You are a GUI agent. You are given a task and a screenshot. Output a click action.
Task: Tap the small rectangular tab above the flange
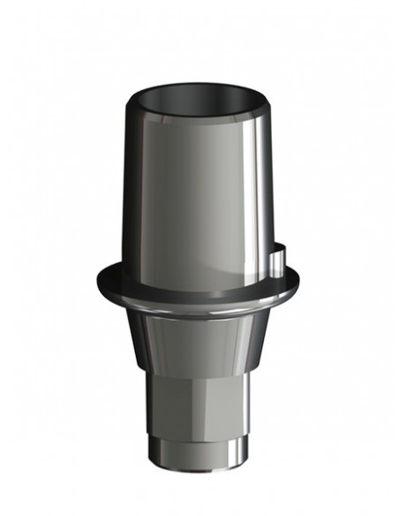pos(279,257)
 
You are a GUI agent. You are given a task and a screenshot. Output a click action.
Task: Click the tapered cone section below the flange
pos(199,340)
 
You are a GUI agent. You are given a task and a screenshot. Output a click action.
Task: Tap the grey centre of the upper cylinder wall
pos(194,194)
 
